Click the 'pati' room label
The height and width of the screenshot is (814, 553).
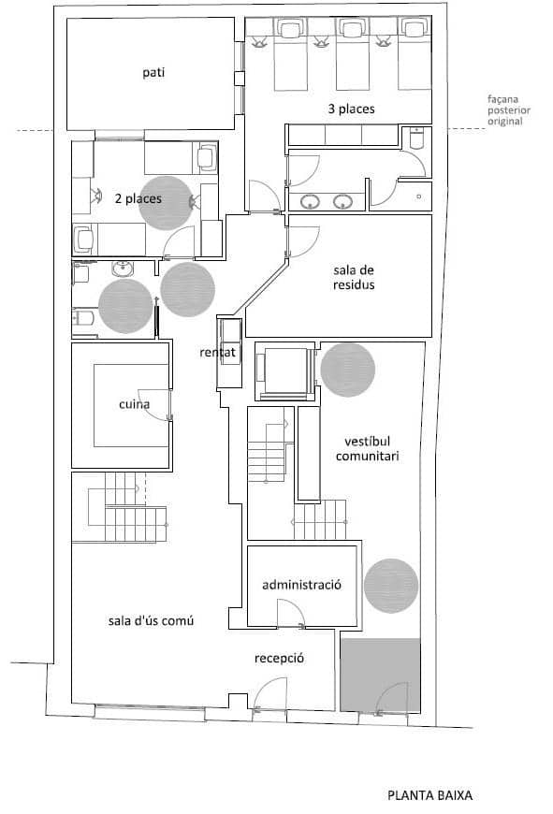click(x=153, y=72)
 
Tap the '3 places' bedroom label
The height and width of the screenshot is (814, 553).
click(x=351, y=109)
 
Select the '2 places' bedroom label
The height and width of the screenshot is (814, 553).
click(x=138, y=198)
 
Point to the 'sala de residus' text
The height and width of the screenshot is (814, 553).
click(x=354, y=277)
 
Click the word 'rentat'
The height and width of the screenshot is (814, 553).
click(x=216, y=353)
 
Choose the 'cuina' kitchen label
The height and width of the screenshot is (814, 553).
click(x=135, y=405)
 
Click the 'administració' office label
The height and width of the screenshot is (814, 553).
click(x=300, y=584)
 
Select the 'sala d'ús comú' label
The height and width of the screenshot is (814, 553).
click(x=151, y=621)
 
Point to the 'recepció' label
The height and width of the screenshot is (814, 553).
click(x=279, y=658)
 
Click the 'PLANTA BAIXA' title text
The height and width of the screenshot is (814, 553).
click(x=429, y=796)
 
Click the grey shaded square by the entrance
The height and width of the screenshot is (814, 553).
click(x=380, y=674)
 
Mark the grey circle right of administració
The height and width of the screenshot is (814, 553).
click(x=391, y=587)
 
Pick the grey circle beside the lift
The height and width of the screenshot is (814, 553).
click(x=348, y=369)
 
